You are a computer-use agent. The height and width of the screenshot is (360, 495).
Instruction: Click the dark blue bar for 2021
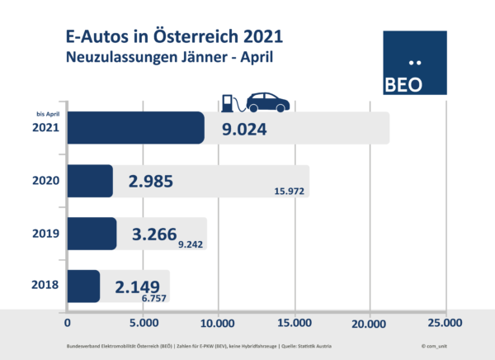pos(134,128)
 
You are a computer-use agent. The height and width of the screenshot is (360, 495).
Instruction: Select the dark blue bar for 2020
pos(89,181)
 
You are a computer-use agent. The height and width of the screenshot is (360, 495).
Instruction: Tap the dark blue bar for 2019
pos(91,234)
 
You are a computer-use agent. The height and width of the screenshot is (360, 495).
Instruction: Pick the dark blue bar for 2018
pos(83,286)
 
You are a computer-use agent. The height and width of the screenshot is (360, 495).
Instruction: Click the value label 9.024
pos(245,129)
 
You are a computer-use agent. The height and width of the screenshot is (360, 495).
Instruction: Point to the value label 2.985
pos(151,181)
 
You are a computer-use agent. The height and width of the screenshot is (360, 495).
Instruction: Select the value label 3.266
pos(154,234)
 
